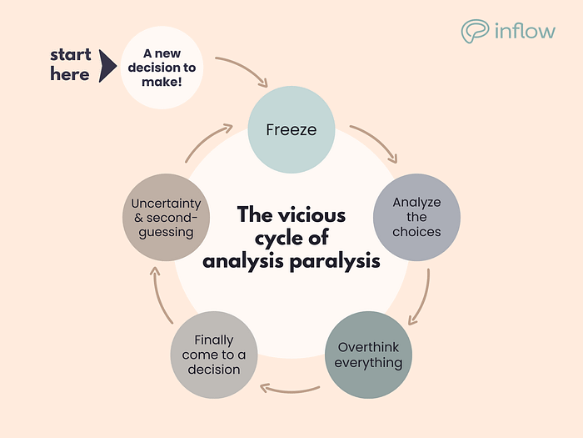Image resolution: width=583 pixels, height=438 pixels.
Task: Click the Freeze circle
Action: (x=289, y=130)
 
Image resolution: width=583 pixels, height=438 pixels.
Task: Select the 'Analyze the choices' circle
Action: (x=416, y=216)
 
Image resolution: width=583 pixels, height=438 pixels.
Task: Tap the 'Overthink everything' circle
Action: (x=368, y=355)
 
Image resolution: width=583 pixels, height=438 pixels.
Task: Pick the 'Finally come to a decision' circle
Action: (x=213, y=355)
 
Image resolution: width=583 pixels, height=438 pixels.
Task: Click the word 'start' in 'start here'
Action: (x=71, y=55)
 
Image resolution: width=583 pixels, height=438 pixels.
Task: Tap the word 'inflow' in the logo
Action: (x=525, y=32)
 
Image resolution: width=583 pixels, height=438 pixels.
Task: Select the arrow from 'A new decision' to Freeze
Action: (x=243, y=70)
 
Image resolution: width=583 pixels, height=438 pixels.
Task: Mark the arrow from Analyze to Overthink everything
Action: (x=421, y=297)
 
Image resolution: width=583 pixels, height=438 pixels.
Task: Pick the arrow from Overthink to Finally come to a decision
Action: (x=290, y=386)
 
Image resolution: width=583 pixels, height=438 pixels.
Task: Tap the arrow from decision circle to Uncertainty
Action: (x=157, y=295)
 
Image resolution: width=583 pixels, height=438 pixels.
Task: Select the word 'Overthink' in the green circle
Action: (x=368, y=347)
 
